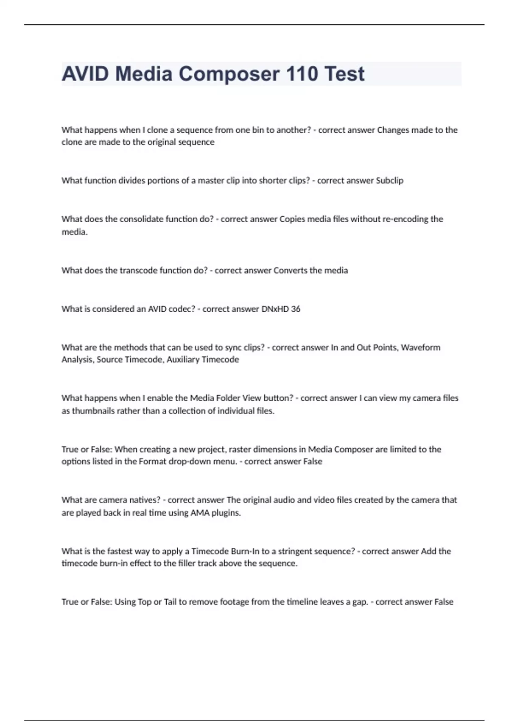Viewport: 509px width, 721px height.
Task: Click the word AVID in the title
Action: pyautogui.click(x=85, y=74)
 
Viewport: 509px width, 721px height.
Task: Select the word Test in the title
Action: pyautogui.click(x=344, y=74)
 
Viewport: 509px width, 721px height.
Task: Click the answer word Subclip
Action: pyautogui.click(x=389, y=181)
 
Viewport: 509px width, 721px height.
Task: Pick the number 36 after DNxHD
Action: pyautogui.click(x=296, y=309)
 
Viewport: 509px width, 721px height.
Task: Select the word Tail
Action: pyautogui.click(x=170, y=602)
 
